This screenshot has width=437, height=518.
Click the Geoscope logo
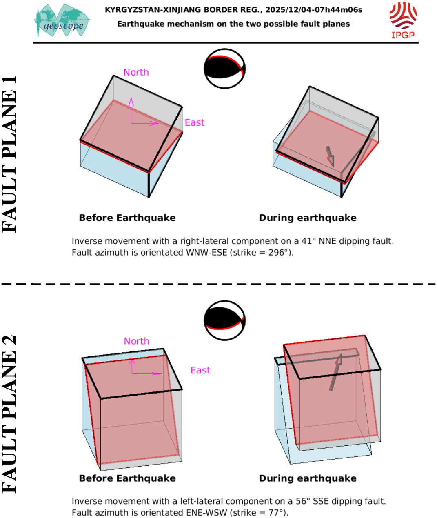pos(62,21)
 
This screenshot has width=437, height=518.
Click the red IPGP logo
pos(403,20)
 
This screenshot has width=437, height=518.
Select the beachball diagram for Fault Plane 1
pos(225,69)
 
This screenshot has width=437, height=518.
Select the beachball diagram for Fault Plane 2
pos(225,320)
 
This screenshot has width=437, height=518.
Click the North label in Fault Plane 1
pos(136,72)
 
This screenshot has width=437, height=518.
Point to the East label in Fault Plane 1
pos(195,122)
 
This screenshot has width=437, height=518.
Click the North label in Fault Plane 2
pos(137,341)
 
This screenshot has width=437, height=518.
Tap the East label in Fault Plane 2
pos(200,370)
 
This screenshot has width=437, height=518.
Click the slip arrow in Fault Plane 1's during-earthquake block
pos(331,156)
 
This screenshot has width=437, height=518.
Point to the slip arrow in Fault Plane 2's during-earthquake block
pos(336,372)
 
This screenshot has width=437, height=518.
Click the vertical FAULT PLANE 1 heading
pos(9,154)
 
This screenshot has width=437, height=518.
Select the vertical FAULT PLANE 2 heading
pos(9,414)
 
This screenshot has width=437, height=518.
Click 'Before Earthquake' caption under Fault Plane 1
pos(127,218)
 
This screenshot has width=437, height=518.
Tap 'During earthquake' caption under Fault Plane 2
pos(308,478)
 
